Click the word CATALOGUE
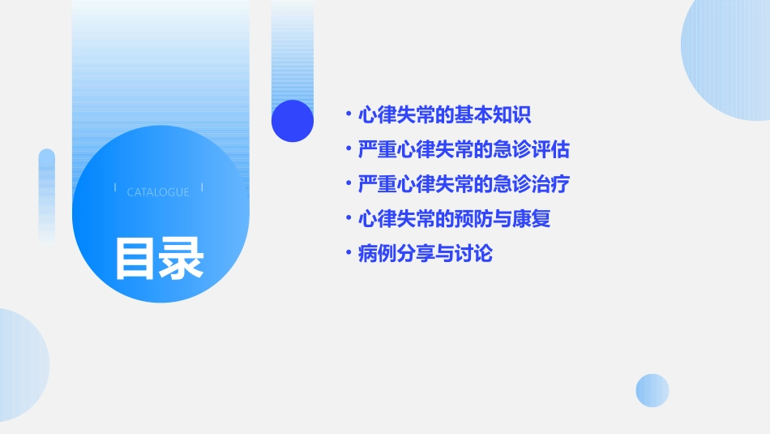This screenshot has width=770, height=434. coord(158,192)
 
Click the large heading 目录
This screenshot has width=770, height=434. coord(159,258)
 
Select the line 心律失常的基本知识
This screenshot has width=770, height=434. coord(444,115)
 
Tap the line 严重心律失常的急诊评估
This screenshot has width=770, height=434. coord(464,150)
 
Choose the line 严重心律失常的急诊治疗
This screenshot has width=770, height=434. coord(464,184)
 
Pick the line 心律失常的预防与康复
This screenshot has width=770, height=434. coord(454,219)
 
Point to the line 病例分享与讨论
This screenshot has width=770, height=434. coord(425,254)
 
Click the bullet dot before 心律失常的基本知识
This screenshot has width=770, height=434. coord(348,115)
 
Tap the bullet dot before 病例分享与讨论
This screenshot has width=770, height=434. coord(348,254)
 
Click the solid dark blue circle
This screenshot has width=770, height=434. coord(293,121)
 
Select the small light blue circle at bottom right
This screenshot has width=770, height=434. coord(652,390)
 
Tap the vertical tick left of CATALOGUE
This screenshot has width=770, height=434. coord(115,187)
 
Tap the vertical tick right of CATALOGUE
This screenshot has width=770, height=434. coord(202,187)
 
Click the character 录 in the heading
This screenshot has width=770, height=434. coord(181,258)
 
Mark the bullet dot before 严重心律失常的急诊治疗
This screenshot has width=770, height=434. coord(348,184)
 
